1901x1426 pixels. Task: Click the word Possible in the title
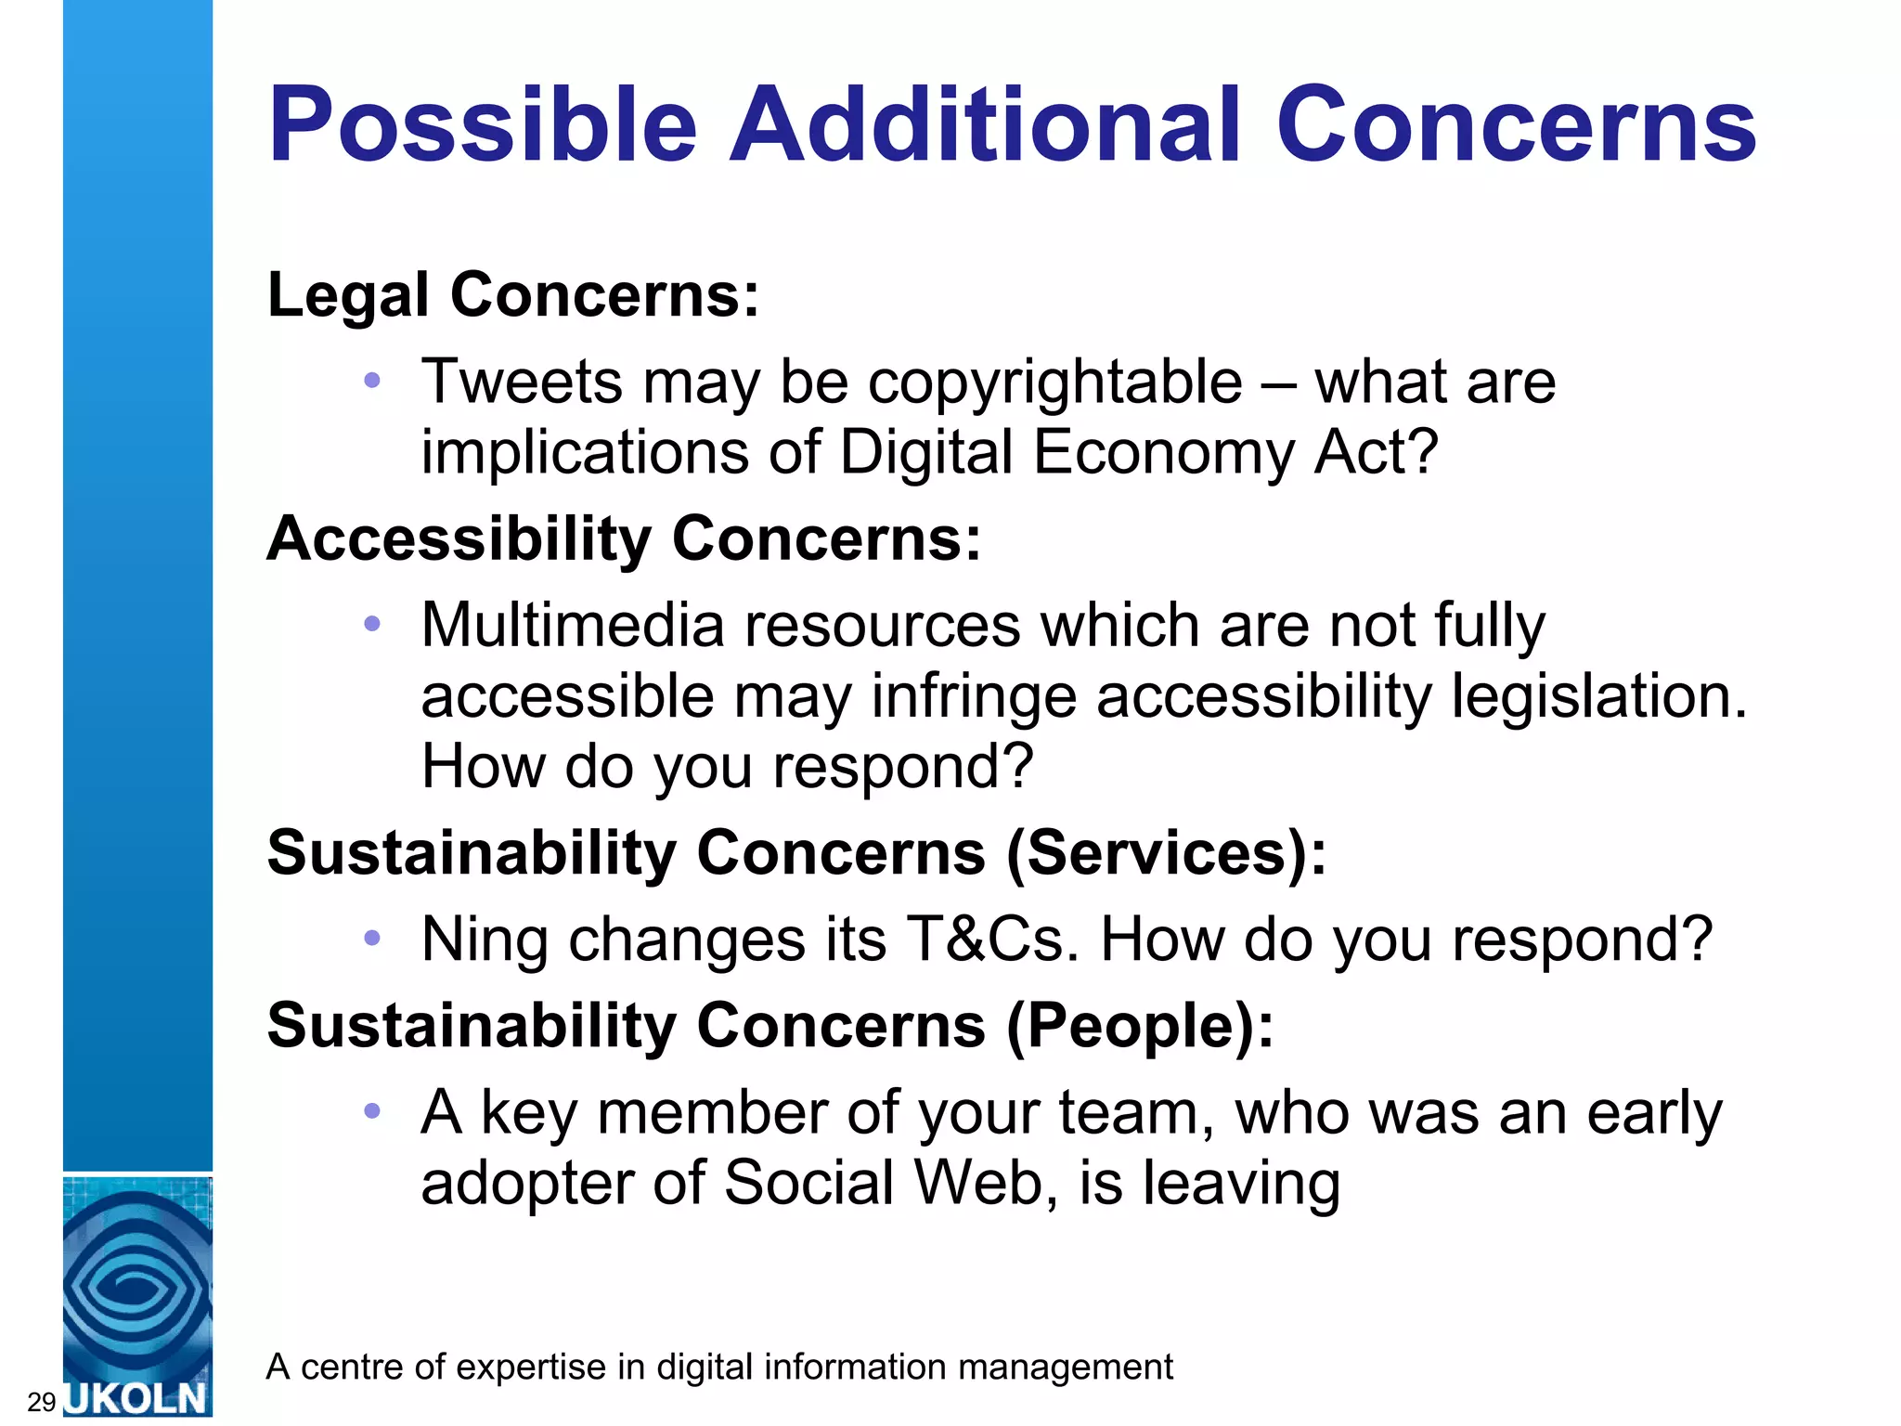(482, 125)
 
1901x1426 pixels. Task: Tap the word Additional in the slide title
(984, 125)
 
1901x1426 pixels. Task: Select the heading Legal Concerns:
(513, 295)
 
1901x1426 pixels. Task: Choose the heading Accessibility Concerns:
(624, 538)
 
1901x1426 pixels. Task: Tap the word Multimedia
(572, 625)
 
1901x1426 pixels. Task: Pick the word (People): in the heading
(1141, 1025)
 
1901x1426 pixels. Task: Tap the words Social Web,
(890, 1183)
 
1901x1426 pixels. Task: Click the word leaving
(1241, 1185)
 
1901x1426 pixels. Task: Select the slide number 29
(42, 1402)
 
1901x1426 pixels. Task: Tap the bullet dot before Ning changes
(372, 939)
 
